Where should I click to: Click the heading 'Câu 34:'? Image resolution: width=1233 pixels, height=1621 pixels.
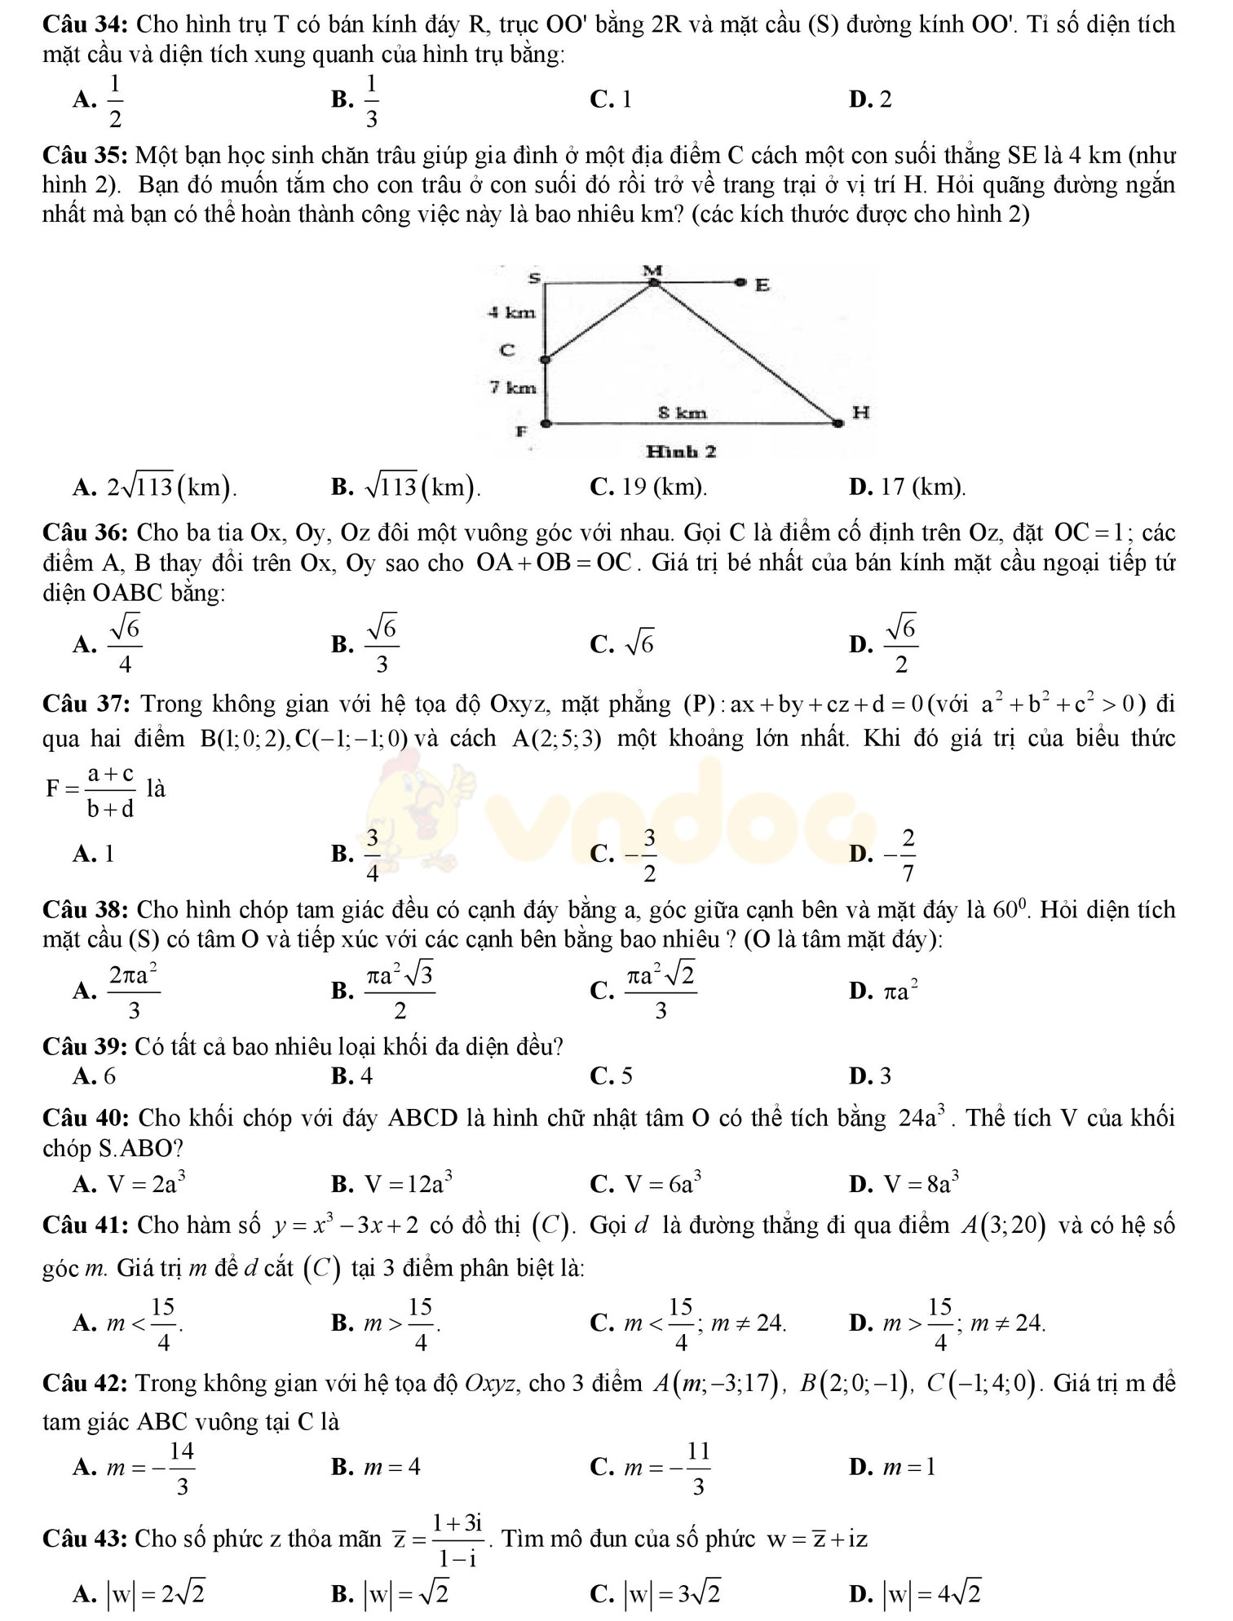pyautogui.click(x=86, y=24)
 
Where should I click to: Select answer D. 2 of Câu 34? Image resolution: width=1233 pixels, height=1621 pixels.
pyautogui.click(x=870, y=99)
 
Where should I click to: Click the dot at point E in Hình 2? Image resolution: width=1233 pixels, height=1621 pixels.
pyautogui.click(x=740, y=282)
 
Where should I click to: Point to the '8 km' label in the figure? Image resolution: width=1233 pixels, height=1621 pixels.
pyautogui.click(x=683, y=413)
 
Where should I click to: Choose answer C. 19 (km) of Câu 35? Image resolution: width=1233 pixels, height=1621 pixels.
pyautogui.click(x=648, y=487)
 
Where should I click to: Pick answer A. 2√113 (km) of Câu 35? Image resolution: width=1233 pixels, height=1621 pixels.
pyautogui.click(x=155, y=487)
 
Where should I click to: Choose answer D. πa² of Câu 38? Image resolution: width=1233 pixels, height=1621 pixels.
pyautogui.click(x=886, y=991)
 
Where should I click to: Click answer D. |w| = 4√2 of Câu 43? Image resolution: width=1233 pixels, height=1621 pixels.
pyautogui.click(x=916, y=1591)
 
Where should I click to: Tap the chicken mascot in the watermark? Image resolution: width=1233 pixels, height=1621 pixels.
pyautogui.click(x=416, y=824)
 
